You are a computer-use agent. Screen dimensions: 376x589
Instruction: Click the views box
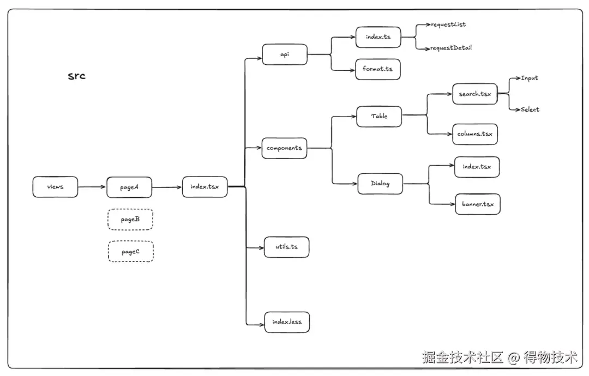55,187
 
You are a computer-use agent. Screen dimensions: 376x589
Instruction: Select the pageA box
129,187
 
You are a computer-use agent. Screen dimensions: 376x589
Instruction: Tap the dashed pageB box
130,220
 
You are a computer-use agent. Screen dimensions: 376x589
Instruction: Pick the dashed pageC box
130,252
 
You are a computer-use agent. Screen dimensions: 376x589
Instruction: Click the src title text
76,76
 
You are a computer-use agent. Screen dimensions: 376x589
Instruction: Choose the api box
285,54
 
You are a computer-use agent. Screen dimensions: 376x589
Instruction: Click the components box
284,148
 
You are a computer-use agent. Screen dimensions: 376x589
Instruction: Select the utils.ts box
286,247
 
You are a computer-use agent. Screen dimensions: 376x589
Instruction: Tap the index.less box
287,322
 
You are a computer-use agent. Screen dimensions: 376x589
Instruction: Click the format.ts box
377,69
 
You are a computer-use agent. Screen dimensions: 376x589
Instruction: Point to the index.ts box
378,38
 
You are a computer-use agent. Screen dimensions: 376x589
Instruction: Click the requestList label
448,25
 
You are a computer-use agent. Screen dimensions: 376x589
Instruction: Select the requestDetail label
451,48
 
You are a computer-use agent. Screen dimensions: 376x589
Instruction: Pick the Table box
379,116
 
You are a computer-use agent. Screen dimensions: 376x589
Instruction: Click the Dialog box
380,184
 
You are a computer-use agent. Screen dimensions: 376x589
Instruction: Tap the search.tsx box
474,94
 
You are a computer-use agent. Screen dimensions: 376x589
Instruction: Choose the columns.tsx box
474,134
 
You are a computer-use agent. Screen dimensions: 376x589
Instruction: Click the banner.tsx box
477,204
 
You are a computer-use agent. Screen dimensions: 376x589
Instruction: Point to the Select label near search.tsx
530,110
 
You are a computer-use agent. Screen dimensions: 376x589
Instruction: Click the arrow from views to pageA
92,187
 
